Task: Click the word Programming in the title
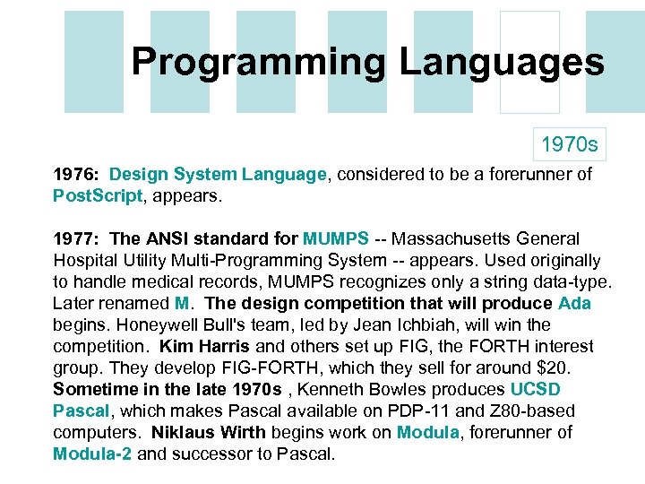click(x=258, y=63)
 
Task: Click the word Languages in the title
click(x=502, y=63)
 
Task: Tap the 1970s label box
click(x=569, y=143)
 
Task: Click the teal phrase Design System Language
click(x=218, y=175)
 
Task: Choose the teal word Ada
click(x=574, y=304)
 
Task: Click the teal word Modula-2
click(x=92, y=454)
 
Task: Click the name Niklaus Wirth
click(x=209, y=433)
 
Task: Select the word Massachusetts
click(x=447, y=239)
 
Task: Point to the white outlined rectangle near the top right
click(x=529, y=62)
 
